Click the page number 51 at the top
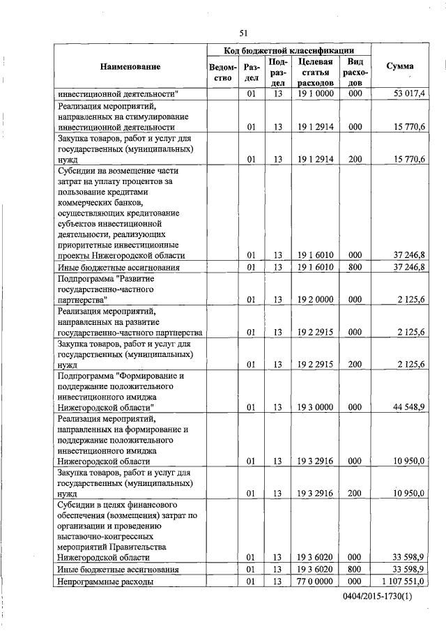tap(243, 32)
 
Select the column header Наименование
tap(130, 67)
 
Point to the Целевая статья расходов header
tap(315, 73)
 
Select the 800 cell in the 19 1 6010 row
tap(355, 268)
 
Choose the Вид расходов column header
tap(355, 73)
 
